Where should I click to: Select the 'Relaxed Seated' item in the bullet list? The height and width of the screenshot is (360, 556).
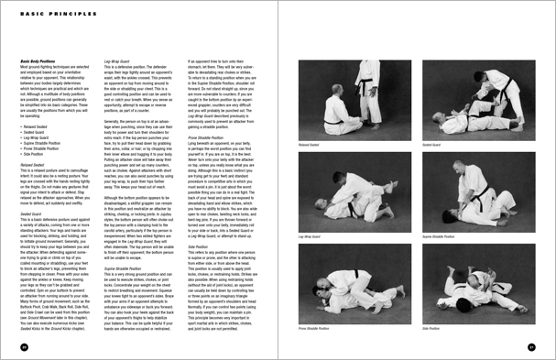tap(34, 127)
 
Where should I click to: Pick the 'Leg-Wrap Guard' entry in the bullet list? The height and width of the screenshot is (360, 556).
tap(34, 137)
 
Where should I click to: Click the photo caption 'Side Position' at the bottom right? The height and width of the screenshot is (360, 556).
tap(430, 328)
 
